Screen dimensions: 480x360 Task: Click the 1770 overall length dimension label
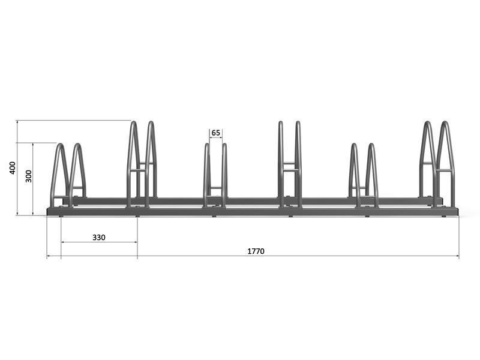[256, 251]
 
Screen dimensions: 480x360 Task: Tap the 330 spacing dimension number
[99, 237]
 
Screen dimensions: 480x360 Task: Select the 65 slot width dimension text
[216, 133]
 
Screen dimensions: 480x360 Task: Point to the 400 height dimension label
[13, 168]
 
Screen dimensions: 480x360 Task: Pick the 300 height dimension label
[28, 176]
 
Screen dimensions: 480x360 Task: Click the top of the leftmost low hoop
[61, 144]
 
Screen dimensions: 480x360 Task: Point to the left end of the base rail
[47, 212]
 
